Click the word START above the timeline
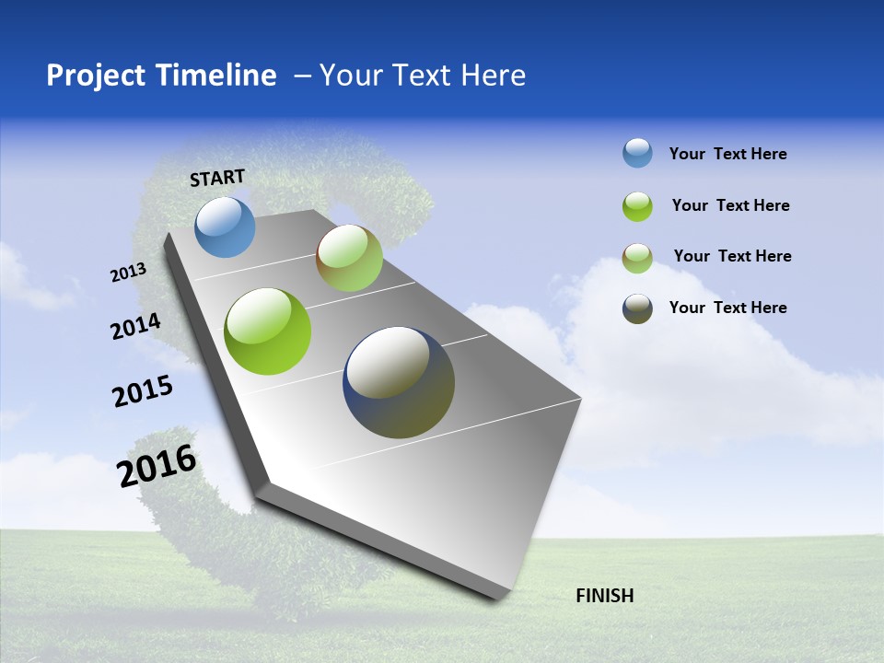[217, 178]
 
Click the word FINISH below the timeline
[604, 596]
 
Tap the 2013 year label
[129, 273]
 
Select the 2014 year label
[136, 327]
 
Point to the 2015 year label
[143, 391]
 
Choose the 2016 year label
[157, 466]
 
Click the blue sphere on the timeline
[225, 227]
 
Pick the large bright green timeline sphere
[267, 331]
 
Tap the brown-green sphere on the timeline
[349, 258]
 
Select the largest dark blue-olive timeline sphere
[399, 382]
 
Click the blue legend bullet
[637, 153]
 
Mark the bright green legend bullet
[637, 206]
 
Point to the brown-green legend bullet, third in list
[637, 258]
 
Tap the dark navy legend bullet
[637, 309]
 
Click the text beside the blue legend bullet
[727, 154]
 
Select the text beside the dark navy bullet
[727, 308]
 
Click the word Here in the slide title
[493, 76]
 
